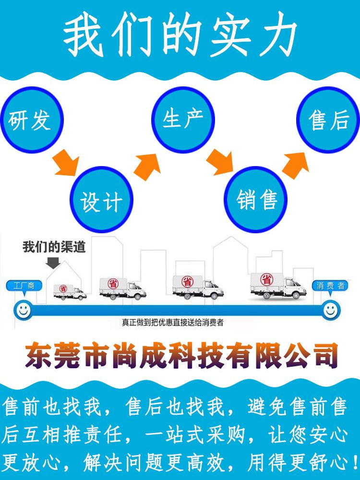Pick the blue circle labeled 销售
tap(257, 201)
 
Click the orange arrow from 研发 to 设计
tap(67, 162)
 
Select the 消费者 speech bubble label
tap(330, 286)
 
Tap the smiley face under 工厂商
tap(23, 310)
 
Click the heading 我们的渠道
tap(54, 247)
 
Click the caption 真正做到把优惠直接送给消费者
tap(173, 323)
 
